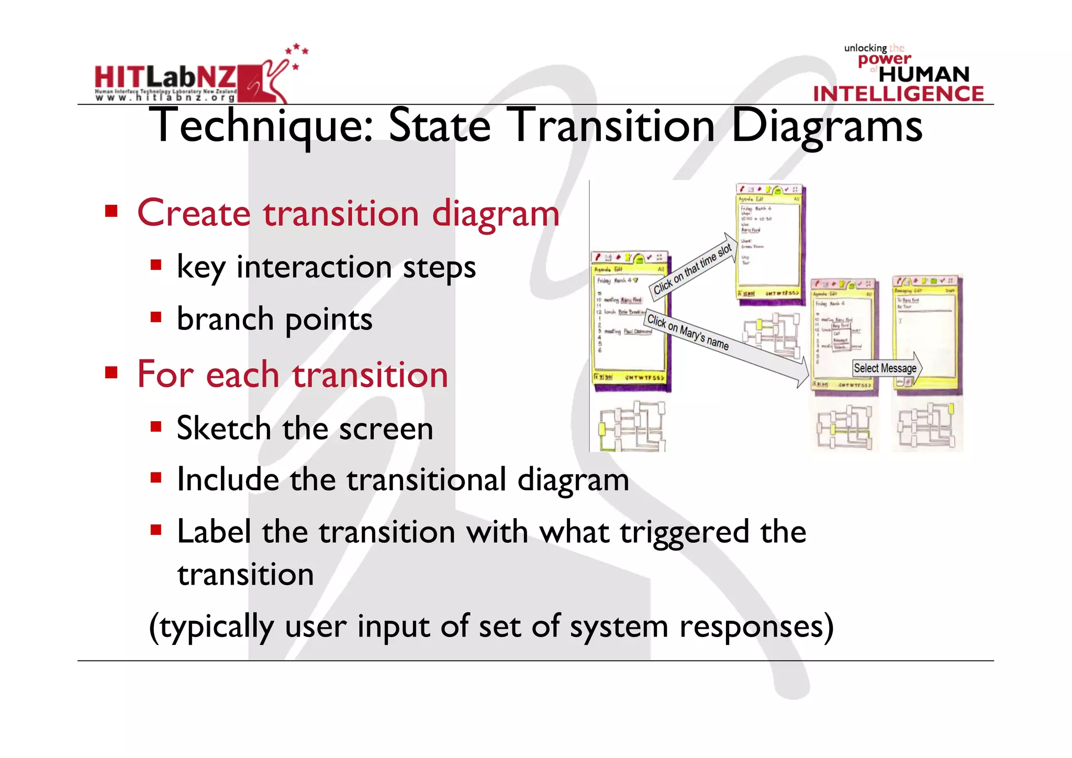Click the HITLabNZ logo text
(165, 78)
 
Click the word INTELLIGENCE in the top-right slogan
(898, 94)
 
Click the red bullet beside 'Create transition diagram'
(111, 211)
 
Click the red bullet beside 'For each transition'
(111, 372)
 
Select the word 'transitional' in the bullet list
(424, 479)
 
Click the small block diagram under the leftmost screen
(632, 426)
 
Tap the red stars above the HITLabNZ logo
(297, 52)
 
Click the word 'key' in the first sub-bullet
(201, 267)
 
